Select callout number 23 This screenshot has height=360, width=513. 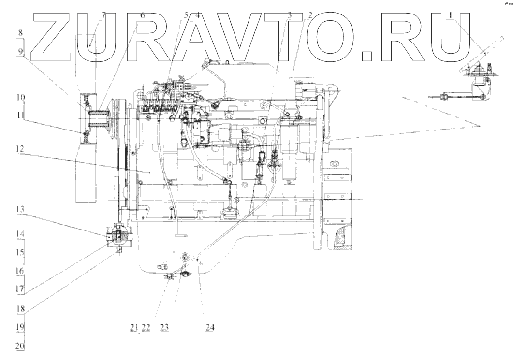pyautogui.click(x=164, y=327)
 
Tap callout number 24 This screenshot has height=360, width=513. pyautogui.click(x=209, y=327)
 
